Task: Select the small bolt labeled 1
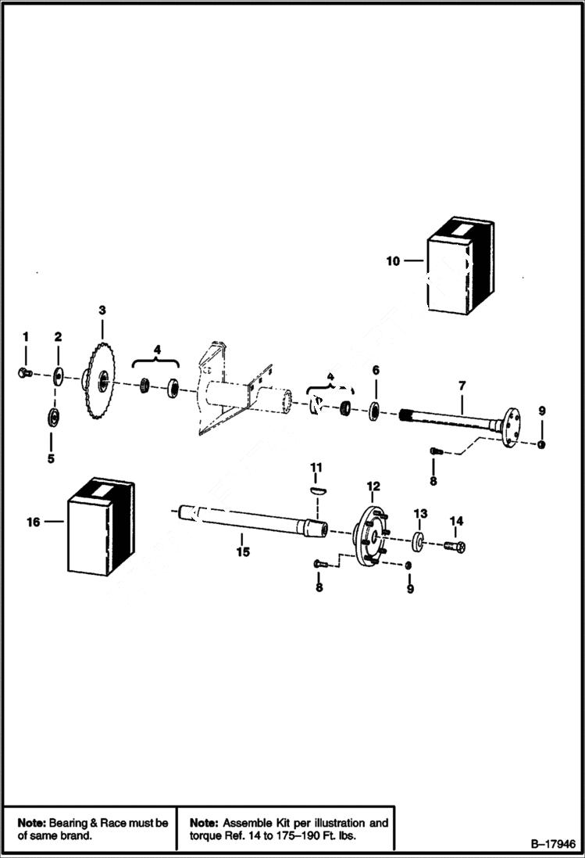coord(23,373)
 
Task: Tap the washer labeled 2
coord(58,376)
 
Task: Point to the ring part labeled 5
coord(53,415)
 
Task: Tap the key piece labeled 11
coord(316,490)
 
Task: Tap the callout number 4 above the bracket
coord(157,350)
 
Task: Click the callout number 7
coord(462,386)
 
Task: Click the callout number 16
coord(34,522)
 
